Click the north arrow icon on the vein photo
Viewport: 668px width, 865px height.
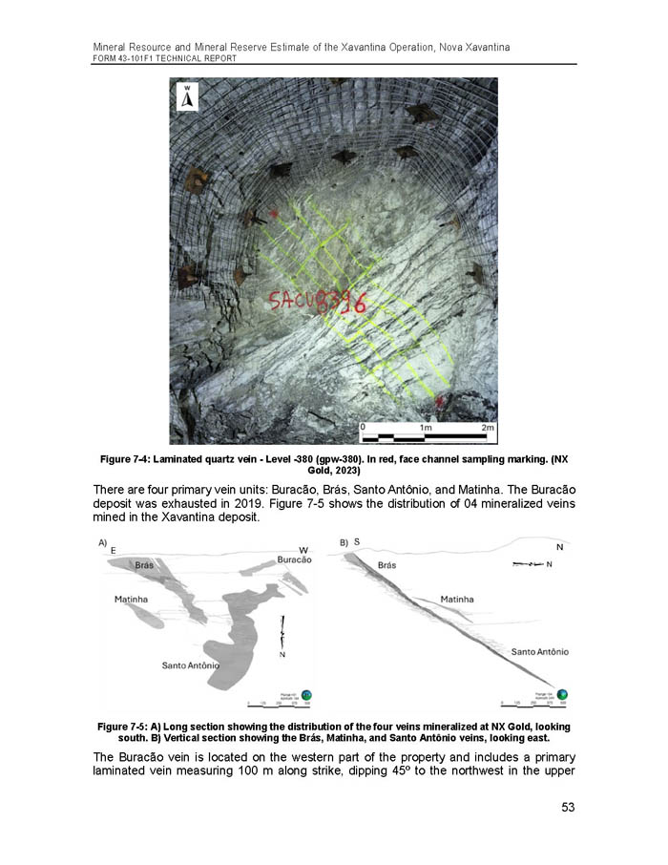188,96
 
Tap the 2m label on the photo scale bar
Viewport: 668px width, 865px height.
488,428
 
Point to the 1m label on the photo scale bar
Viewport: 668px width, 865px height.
428,428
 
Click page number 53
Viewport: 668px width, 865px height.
568,808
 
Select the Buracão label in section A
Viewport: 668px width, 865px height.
294,559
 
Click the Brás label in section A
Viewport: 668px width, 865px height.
144,566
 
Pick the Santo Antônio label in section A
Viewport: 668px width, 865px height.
190,665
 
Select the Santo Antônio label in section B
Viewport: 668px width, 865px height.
540,651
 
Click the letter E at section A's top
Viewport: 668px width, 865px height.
114,551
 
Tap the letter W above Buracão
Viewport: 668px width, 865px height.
303,549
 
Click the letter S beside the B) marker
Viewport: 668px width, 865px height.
357,542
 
